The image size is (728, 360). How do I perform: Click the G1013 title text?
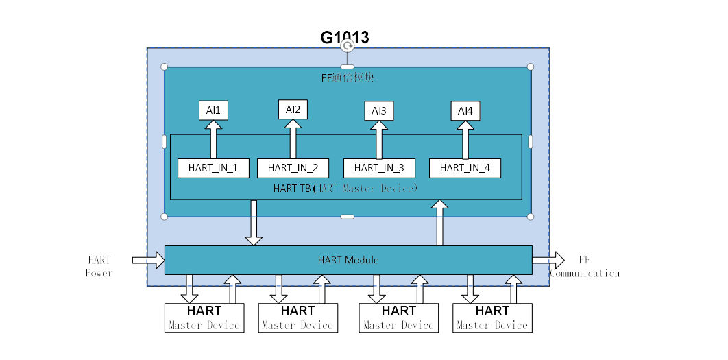point(345,37)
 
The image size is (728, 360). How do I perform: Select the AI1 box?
point(213,110)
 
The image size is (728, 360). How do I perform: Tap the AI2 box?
point(293,109)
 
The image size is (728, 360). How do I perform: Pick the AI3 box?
point(378,110)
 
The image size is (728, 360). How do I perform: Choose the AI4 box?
point(465,110)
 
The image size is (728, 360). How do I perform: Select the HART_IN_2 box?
point(293,167)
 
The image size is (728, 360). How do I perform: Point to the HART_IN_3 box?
point(379,167)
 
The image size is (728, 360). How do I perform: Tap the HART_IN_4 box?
point(465,167)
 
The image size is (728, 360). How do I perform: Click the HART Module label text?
point(348,260)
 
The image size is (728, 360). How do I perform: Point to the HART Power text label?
point(99,266)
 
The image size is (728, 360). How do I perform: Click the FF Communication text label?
point(584,267)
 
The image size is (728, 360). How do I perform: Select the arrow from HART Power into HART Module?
point(148,260)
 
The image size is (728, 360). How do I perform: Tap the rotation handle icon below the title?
point(348,46)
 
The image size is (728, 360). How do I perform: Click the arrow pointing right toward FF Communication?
point(548,260)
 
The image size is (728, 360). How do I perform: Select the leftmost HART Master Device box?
point(204,317)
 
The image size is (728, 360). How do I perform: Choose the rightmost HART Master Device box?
point(492,317)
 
